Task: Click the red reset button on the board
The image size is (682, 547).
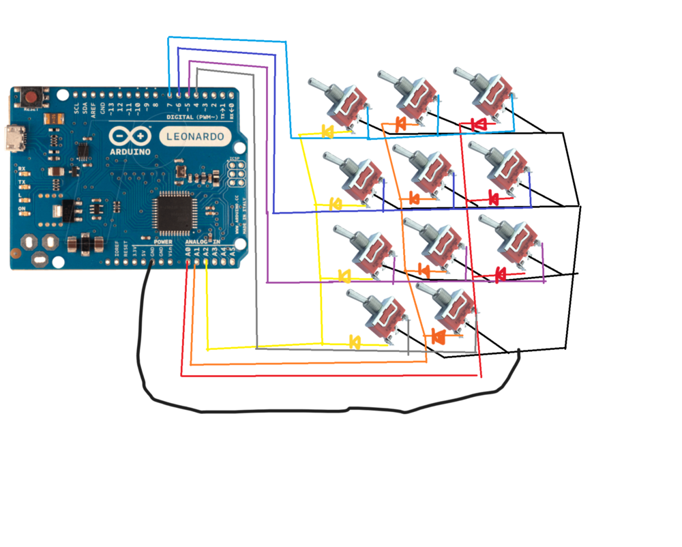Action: point(31,97)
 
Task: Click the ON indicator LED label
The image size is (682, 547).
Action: point(23,209)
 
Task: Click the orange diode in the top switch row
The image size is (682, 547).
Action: point(402,124)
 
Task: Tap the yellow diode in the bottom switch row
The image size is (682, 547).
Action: point(355,342)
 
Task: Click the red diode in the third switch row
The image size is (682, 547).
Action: point(501,274)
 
